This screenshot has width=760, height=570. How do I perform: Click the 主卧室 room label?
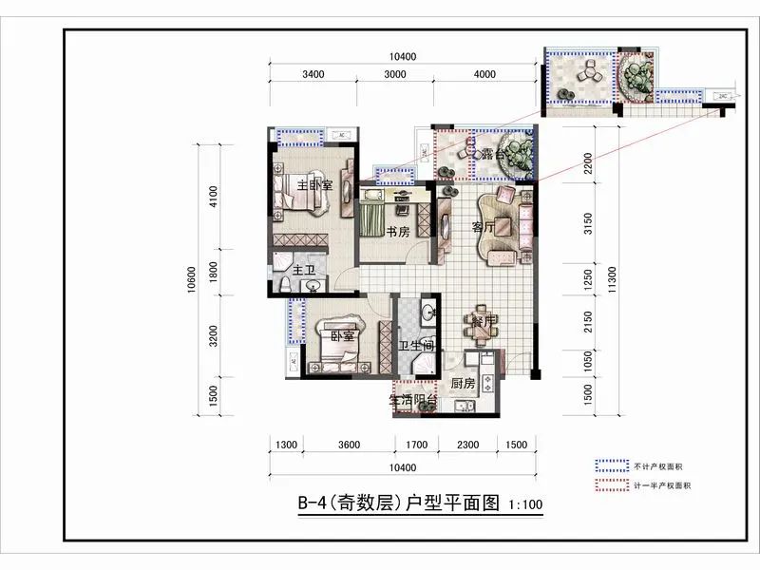pos(314,185)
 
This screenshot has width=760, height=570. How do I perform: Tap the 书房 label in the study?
pos(397,232)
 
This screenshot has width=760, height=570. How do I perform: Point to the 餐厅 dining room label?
pos(485,321)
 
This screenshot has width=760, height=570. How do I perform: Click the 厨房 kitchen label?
pos(463,384)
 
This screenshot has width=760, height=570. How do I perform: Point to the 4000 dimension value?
pos(484,75)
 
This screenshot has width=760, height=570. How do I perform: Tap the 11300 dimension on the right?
pos(616,279)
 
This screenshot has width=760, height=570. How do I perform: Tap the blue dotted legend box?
pos(612,466)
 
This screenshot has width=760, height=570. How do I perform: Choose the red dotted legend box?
pos(612,485)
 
